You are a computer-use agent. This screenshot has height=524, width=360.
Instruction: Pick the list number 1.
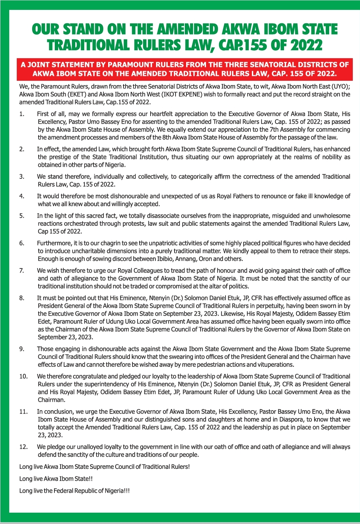pyautogui.click(x=22, y=114)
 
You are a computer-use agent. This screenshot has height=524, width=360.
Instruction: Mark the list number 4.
pyautogui.click(x=22, y=196)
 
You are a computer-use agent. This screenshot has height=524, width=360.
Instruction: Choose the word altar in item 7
pyautogui.click(x=207, y=286)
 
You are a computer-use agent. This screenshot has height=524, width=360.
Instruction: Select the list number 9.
pyautogui.click(x=22, y=349)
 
